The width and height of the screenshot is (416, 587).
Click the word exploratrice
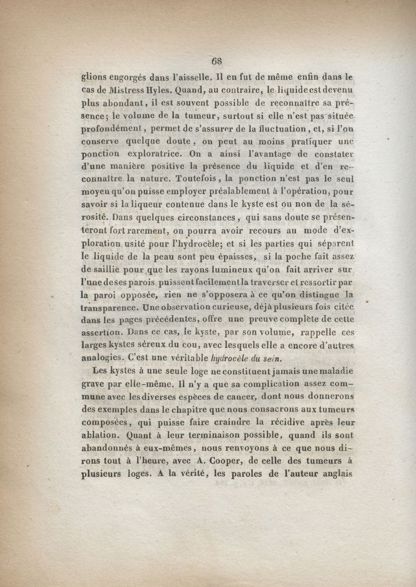pyautogui.click(x=151, y=154)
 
